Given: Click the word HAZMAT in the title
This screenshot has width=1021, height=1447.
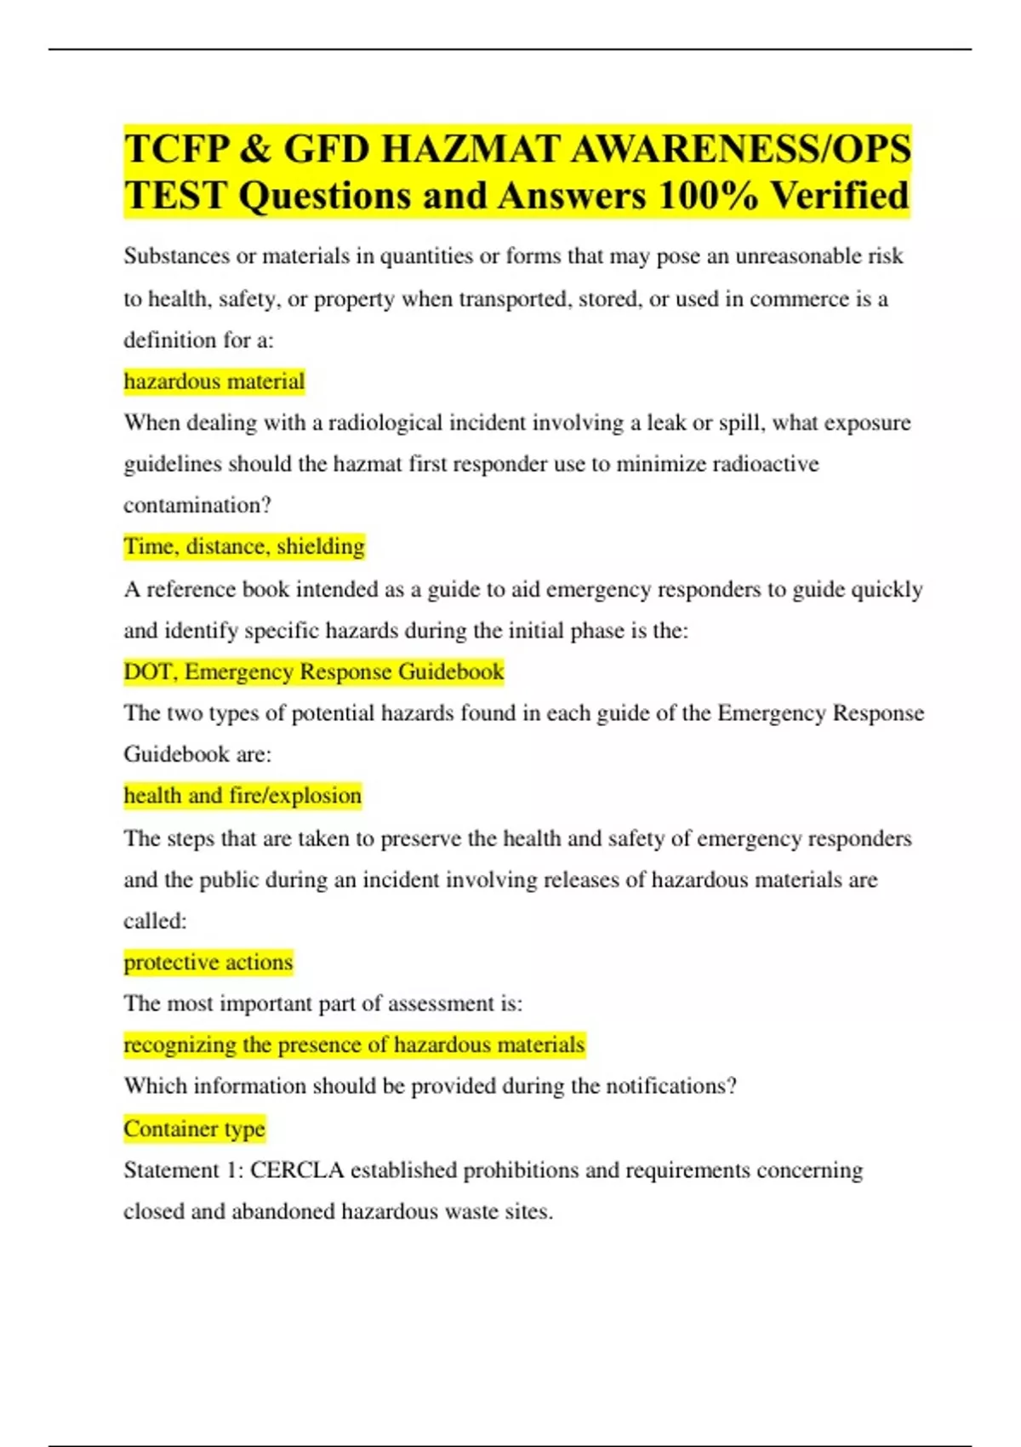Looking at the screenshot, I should [x=470, y=149].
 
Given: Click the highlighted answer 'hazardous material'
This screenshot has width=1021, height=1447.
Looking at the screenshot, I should [x=214, y=381].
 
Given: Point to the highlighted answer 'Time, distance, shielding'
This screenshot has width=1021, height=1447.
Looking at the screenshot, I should [x=244, y=546].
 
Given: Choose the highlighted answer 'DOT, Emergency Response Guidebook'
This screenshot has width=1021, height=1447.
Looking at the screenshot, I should [x=314, y=672].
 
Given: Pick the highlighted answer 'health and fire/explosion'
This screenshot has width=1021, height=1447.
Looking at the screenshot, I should [x=242, y=796].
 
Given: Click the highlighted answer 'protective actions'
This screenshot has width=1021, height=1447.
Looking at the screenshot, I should [x=208, y=963].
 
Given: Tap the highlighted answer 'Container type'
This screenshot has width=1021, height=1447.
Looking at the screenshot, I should [x=194, y=1129].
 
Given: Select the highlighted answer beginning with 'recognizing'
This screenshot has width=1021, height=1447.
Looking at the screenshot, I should [x=354, y=1044].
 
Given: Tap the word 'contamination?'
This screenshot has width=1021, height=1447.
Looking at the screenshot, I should [x=197, y=506].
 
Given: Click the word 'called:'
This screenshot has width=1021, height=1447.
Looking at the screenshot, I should [x=155, y=921].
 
